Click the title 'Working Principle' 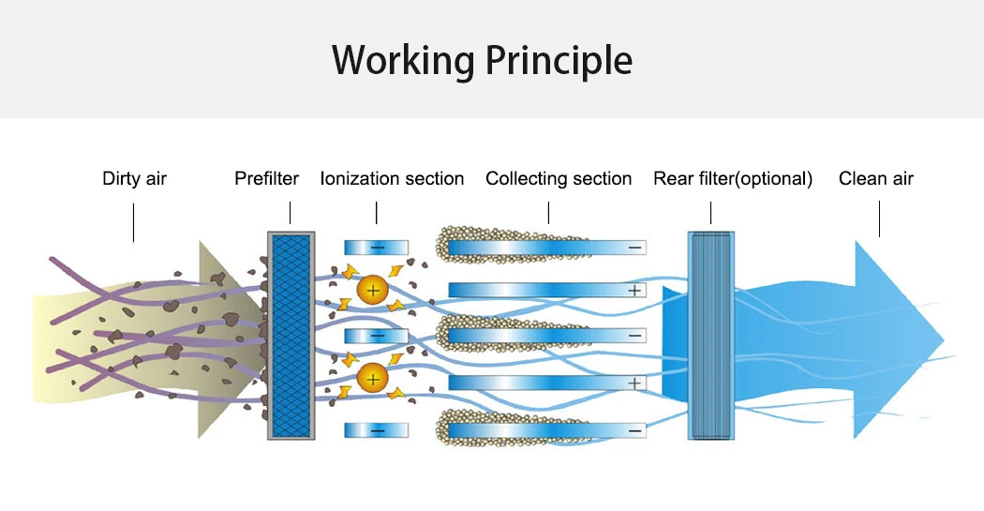482,60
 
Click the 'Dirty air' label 134,178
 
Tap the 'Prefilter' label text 266,178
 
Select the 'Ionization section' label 392,178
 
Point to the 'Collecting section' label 559,178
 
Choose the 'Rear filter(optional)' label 732,178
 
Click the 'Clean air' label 875,178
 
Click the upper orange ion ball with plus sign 373,290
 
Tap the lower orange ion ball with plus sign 373,379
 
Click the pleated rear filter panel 711,335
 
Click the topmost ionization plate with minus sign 377,248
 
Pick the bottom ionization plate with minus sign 377,430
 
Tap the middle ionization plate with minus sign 377,335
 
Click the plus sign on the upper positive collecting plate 634,291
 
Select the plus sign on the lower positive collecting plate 634,383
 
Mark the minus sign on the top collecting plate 634,248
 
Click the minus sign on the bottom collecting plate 634,430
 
